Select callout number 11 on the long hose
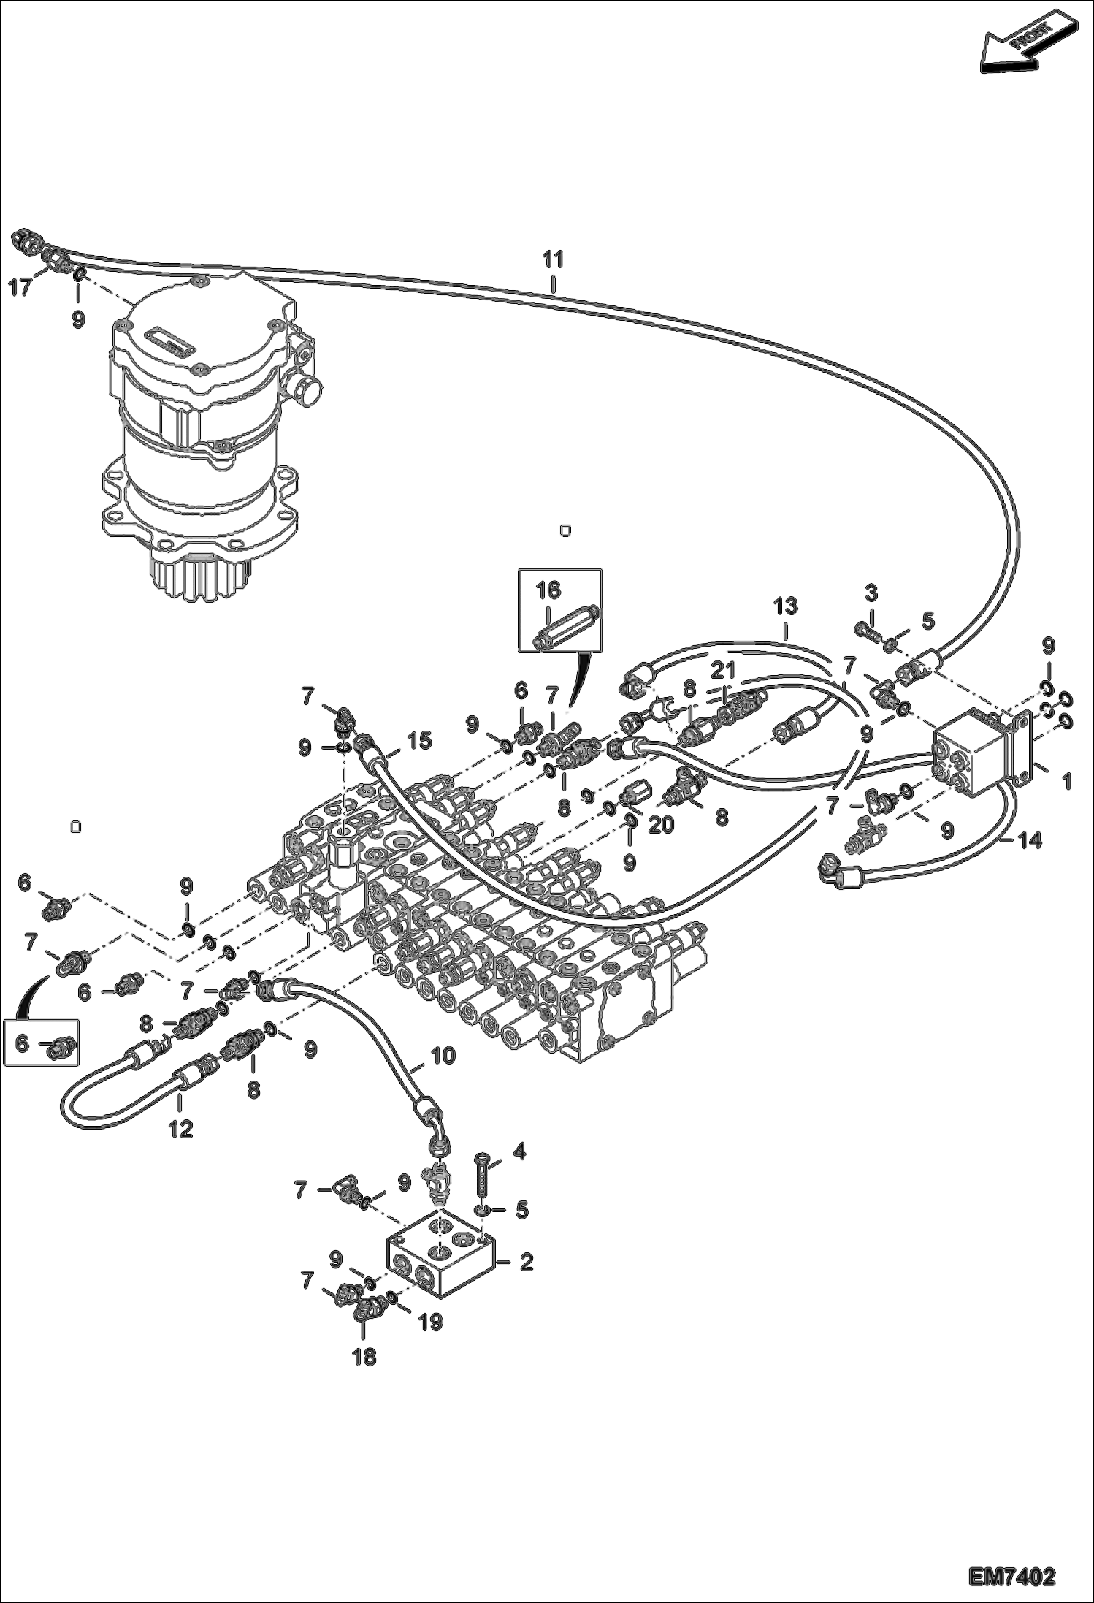[553, 259]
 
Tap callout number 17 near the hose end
[20, 287]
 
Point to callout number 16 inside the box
[548, 590]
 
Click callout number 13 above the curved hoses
[786, 606]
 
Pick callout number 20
[662, 823]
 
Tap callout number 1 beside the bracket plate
[1067, 782]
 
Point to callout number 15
[420, 740]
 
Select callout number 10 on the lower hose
[443, 1056]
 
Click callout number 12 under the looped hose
[180, 1129]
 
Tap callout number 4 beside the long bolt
[519, 1152]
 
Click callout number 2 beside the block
[526, 1262]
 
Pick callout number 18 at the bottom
[364, 1357]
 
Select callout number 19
[431, 1322]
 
